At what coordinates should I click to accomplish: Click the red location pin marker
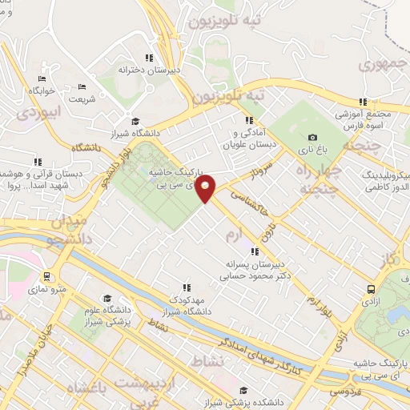206,187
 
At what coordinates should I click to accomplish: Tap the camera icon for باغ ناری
312,138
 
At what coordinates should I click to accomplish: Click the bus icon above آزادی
370,290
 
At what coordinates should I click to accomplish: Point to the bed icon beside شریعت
81,87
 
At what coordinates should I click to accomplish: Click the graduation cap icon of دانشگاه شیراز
135,121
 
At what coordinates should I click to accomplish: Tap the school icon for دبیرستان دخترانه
148,58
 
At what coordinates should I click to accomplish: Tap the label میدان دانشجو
58,228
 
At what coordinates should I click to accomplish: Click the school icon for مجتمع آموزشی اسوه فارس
363,102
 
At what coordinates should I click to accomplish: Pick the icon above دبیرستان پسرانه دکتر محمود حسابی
255,251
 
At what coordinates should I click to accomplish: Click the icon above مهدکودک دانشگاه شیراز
187,287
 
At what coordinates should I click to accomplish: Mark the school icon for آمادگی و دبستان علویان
251,120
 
